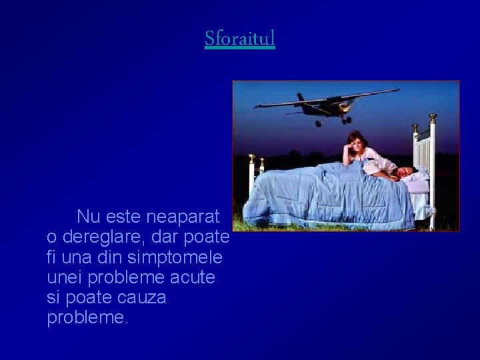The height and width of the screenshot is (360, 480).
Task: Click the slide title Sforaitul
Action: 240,39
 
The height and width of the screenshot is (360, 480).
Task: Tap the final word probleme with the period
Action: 87,318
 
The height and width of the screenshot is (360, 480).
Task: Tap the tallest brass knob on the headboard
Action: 433,119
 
